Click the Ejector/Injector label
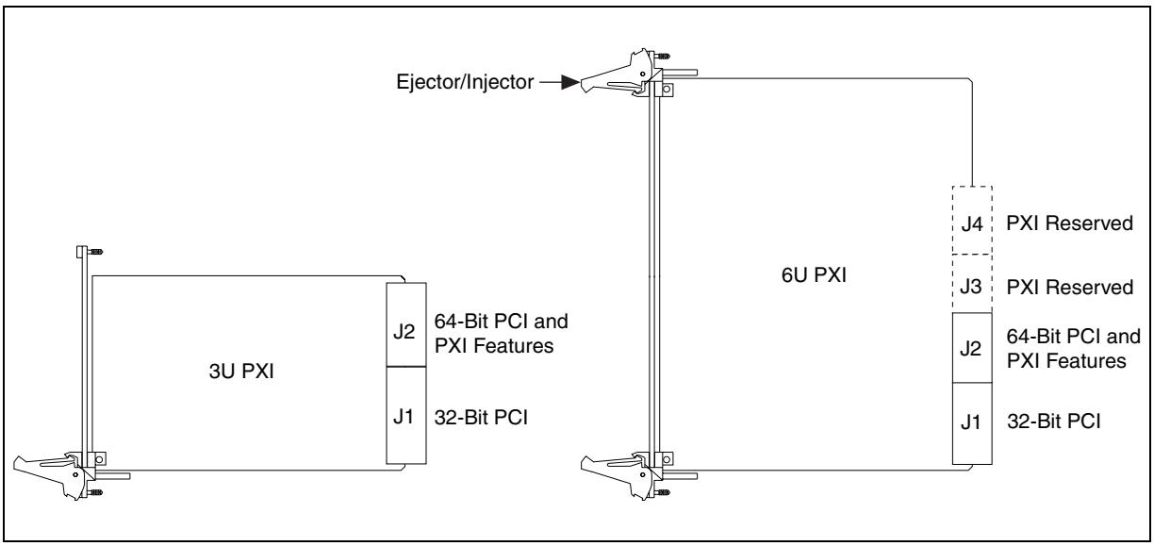coord(465,82)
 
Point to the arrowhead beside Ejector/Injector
coord(570,82)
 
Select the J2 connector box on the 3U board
coord(406,324)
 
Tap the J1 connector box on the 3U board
coord(406,415)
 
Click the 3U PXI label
coord(241,371)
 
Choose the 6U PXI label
coord(814,275)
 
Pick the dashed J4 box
coord(972,221)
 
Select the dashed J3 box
coord(972,283)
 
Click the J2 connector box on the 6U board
coord(972,348)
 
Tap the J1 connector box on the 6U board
coord(972,423)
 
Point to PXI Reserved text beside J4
coord(1069,223)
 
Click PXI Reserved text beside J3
coord(1069,287)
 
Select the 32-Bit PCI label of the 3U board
coord(481,417)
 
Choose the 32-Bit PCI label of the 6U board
coord(1053,422)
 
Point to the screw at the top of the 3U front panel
coord(96,252)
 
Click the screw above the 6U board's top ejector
coord(663,56)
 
